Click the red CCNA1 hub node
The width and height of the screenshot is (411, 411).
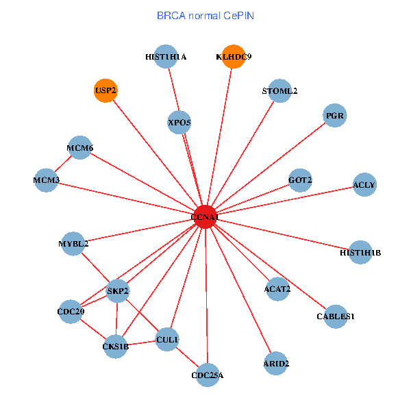(x=206, y=217)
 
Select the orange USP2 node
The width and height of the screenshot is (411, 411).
(x=105, y=90)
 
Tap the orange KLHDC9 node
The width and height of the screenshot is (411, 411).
(x=234, y=57)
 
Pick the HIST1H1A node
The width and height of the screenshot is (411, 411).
(x=166, y=57)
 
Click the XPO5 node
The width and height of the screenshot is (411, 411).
(x=179, y=123)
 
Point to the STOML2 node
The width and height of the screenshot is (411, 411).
(x=279, y=91)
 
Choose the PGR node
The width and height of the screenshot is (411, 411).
(x=334, y=116)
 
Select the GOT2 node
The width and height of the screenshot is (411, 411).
(x=300, y=180)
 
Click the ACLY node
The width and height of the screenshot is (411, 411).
(x=364, y=184)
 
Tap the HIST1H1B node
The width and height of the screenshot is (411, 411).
(x=360, y=252)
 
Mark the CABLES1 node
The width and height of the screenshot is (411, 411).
(x=336, y=316)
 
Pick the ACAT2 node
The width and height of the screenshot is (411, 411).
(x=277, y=288)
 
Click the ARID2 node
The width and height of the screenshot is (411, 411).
(x=276, y=362)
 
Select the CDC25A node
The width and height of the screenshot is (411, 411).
(x=208, y=375)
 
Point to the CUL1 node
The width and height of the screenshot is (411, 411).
(x=167, y=339)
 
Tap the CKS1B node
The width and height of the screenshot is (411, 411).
(x=116, y=345)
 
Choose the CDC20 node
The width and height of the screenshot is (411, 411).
(x=71, y=312)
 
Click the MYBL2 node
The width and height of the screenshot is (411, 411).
(x=73, y=243)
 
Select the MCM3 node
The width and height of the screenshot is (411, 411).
(x=47, y=180)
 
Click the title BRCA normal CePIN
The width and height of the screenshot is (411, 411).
(x=206, y=15)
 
